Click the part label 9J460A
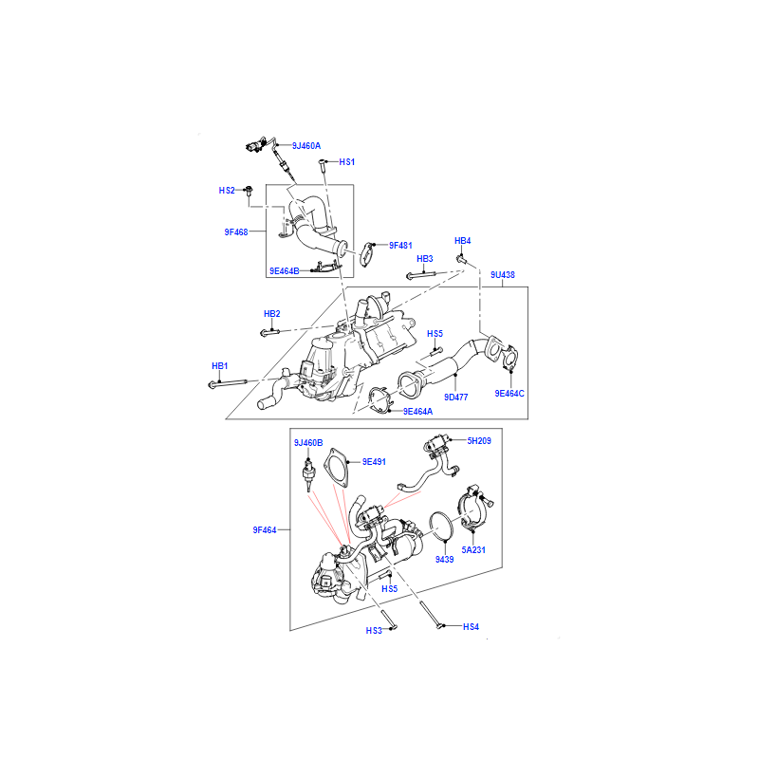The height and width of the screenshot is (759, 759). [305, 146]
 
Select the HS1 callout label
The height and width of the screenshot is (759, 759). [346, 162]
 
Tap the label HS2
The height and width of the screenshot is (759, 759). [227, 191]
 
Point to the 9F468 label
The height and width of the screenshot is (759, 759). [235, 232]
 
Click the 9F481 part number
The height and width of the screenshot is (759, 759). [400, 246]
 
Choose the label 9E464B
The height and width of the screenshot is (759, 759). [284, 271]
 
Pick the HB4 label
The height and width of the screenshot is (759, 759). [462, 241]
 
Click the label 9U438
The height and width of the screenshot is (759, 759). [503, 275]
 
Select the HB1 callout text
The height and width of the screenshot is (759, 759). [219, 366]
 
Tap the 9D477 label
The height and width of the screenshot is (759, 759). [456, 398]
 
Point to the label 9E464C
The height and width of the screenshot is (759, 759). [509, 394]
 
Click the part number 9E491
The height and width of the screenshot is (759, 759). [374, 462]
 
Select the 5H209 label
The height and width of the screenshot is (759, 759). [479, 441]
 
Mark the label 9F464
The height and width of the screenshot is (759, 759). [265, 530]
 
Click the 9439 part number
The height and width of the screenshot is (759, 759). [444, 560]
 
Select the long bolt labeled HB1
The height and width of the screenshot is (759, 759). [228, 384]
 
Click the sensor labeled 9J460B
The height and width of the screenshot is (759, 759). [308, 471]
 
